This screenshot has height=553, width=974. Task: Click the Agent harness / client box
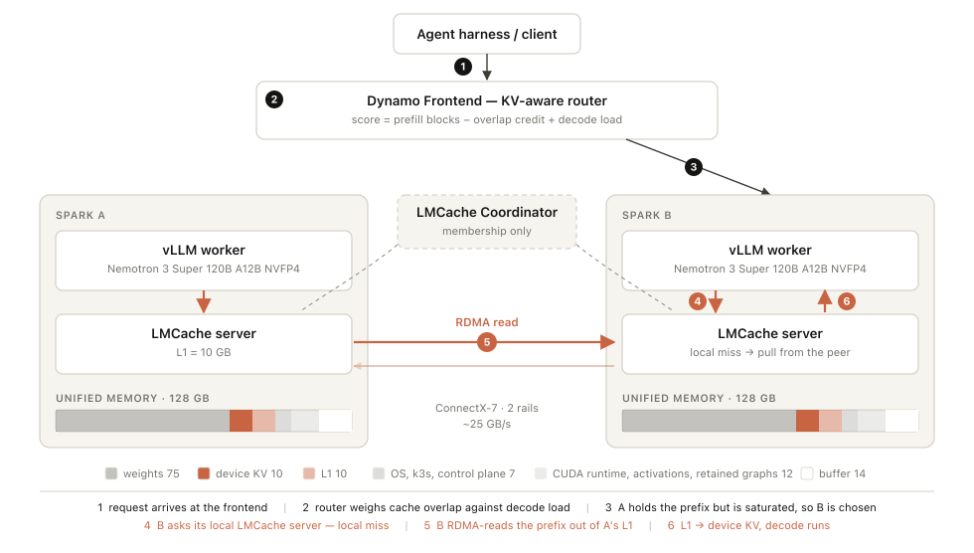coord(486,34)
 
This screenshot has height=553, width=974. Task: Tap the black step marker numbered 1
coord(463,67)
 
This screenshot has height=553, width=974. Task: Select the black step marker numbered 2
coord(274,99)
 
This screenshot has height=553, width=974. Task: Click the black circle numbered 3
coord(694,166)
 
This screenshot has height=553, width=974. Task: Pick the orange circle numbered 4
coord(698,301)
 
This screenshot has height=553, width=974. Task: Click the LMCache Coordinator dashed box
coord(486,222)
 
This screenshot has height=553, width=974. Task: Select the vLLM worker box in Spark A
coord(204,261)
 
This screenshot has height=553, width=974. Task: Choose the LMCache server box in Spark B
coord(769,343)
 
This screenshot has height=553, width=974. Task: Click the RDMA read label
coord(486,322)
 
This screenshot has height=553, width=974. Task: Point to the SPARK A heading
coord(81,215)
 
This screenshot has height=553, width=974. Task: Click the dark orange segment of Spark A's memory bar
coord(241,421)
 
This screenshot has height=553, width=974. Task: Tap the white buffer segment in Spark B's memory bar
coord(901,421)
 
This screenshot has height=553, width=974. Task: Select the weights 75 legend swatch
coord(111,473)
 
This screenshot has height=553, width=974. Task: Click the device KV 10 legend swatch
coord(203,473)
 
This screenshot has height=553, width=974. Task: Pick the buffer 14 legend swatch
coord(807,473)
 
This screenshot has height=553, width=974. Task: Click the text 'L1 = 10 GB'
coord(204,352)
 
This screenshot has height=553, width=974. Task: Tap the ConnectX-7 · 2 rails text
coord(486,408)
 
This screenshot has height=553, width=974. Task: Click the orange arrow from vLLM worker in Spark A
coord(204,302)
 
